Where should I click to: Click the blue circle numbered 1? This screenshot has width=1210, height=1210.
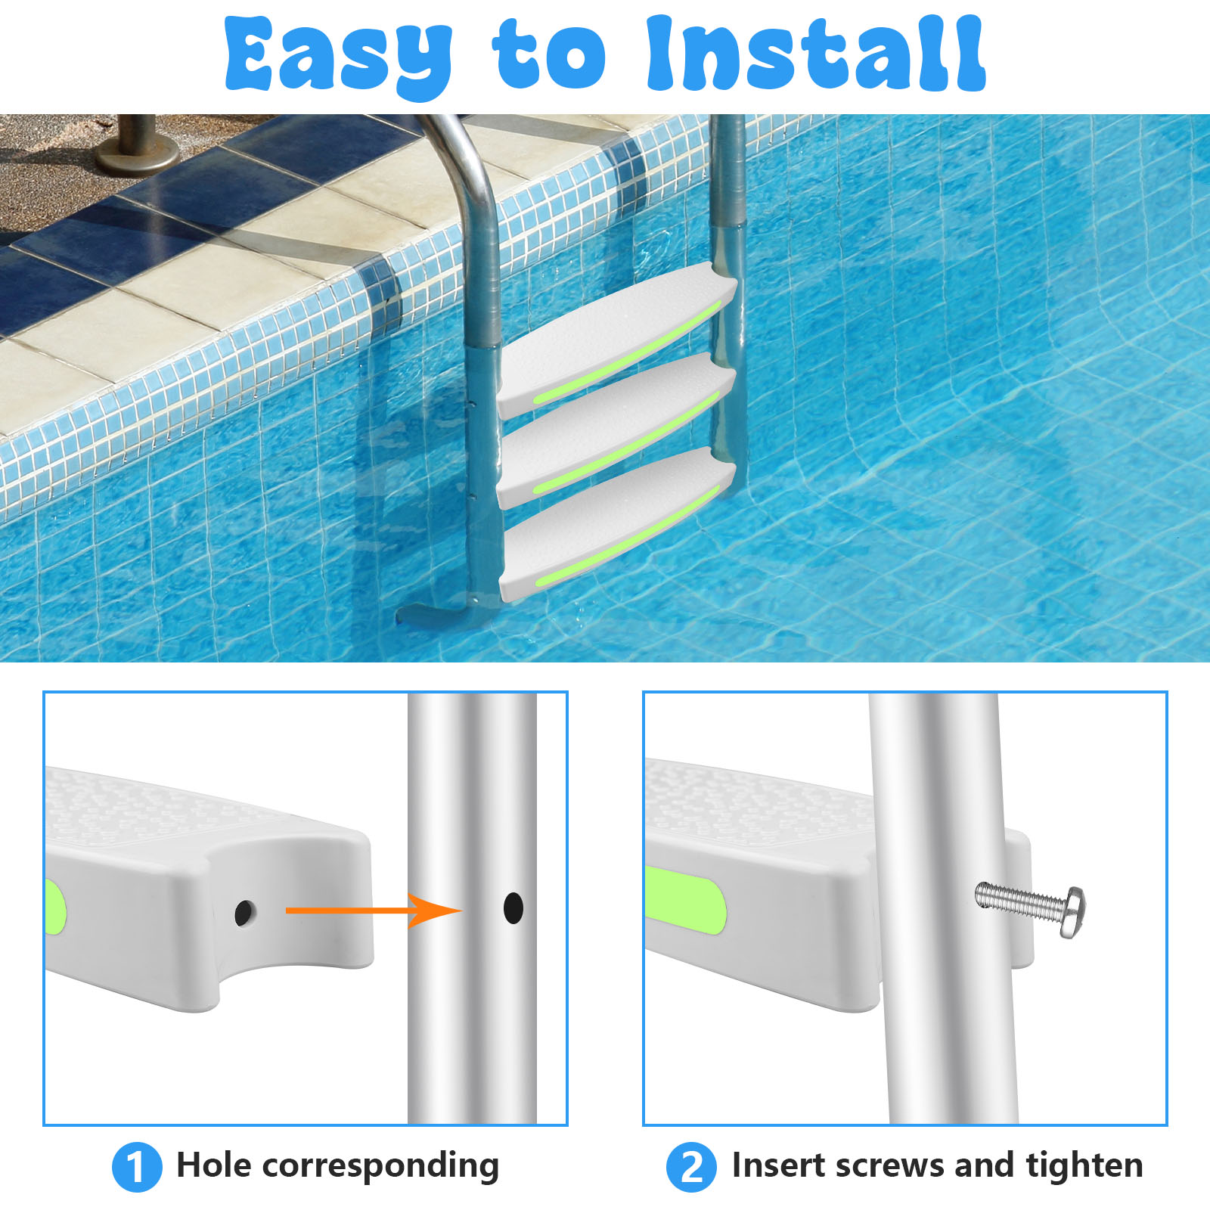137,1166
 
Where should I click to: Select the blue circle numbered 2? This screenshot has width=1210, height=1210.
691,1166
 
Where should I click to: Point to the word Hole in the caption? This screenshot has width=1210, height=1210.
213,1165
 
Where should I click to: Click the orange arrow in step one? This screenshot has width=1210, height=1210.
374,910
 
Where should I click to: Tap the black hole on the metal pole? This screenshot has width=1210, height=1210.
513,907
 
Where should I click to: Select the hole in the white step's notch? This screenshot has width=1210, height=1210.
244,913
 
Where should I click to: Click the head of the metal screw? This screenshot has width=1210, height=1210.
1073,912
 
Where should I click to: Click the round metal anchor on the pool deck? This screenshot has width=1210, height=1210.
137,148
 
